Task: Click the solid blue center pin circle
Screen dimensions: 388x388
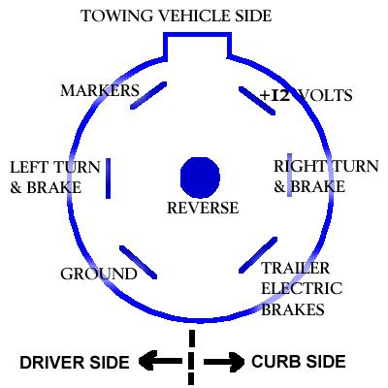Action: point(200,178)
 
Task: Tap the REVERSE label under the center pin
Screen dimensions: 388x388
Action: point(203,208)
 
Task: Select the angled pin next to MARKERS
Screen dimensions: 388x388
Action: point(148,95)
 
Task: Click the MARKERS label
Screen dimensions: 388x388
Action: point(100,90)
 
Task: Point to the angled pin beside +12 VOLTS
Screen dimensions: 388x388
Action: point(257,101)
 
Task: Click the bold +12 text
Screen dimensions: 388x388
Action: point(275,95)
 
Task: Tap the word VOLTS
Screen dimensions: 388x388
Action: point(325,95)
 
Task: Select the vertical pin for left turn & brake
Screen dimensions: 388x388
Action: point(109,178)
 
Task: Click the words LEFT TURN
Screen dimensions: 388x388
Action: point(55,168)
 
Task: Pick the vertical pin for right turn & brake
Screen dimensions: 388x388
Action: point(289,176)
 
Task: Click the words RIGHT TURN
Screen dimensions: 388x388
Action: point(326,166)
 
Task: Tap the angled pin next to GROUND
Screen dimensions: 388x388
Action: point(138,262)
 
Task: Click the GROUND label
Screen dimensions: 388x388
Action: point(99,274)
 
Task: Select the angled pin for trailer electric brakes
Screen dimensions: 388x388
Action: point(258,255)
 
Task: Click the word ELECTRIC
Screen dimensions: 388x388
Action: point(302,288)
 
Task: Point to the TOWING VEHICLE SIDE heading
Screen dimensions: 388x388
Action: point(177,16)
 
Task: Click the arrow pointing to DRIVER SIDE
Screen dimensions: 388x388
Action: point(160,361)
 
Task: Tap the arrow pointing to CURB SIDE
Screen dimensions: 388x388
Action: point(224,361)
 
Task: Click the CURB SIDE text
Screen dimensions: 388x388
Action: point(299,362)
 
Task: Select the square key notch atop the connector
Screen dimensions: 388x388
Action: point(198,35)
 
